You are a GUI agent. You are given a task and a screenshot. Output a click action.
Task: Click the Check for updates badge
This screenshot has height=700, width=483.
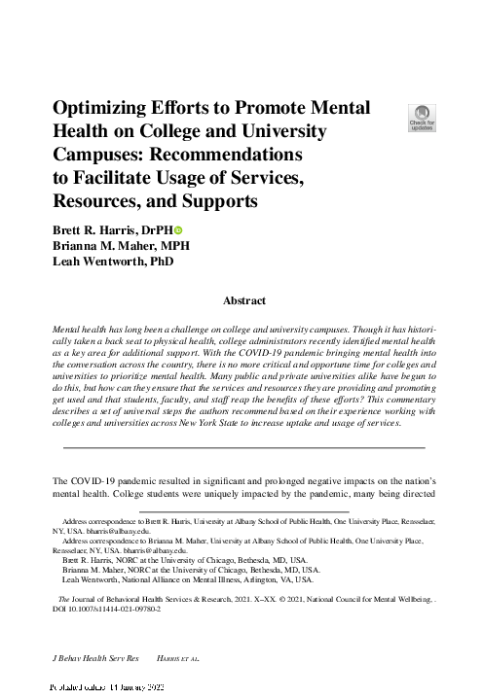click(424, 117)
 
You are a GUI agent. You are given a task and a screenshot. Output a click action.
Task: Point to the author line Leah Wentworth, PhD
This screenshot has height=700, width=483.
click(110, 262)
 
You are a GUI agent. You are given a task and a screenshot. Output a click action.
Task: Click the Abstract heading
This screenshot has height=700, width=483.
click(244, 302)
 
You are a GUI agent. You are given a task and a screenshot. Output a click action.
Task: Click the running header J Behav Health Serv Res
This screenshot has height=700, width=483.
click(96, 658)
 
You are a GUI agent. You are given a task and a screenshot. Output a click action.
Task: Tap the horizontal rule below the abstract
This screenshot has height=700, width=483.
click(243, 446)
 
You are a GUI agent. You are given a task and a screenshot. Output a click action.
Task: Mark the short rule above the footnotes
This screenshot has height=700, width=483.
click(243, 510)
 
